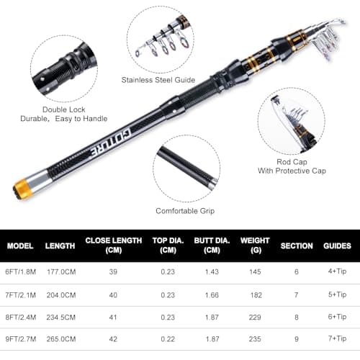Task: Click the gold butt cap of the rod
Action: coord(22,191)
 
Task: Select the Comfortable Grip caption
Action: coord(185,210)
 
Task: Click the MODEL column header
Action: coord(20,246)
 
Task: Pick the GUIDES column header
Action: coord(337,246)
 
